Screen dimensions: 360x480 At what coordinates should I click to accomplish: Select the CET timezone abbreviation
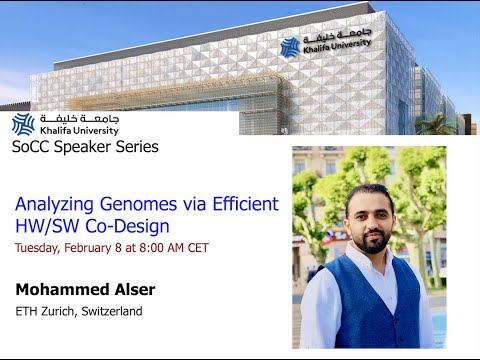point(196,248)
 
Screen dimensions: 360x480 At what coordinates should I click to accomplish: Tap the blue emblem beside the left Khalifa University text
point(22,124)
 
